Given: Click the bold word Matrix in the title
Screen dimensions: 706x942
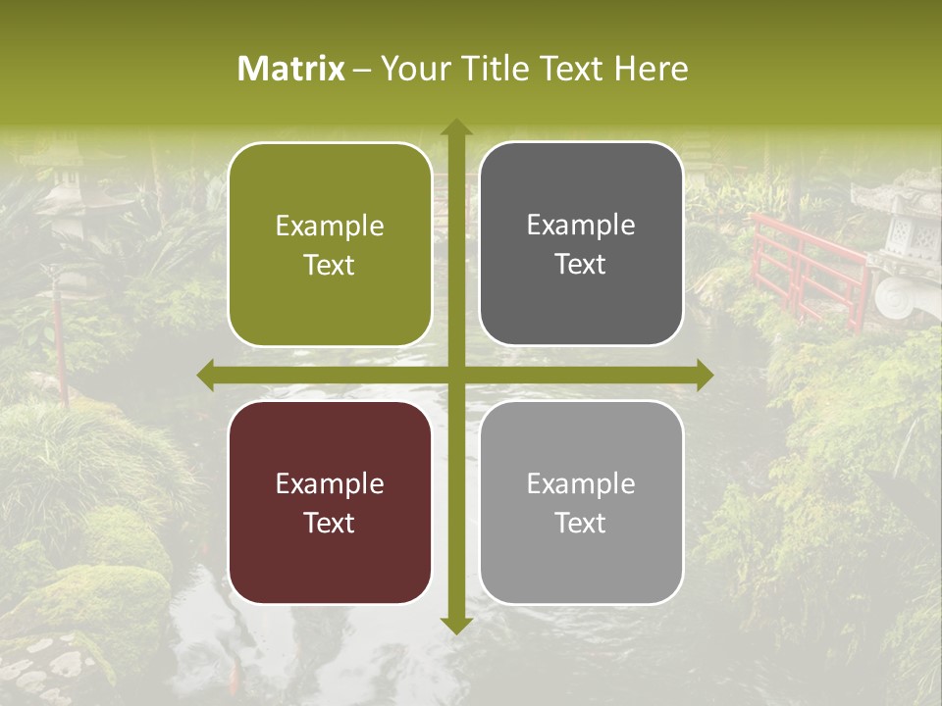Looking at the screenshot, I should click(291, 69).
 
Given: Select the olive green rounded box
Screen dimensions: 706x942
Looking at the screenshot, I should click(330, 244).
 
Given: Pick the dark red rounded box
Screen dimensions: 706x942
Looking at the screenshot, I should click(330, 502).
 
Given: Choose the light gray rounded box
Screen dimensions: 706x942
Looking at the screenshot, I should click(581, 502).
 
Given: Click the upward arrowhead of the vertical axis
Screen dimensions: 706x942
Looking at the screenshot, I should click(455, 127).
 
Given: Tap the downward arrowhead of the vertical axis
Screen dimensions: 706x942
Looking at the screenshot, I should click(455, 625).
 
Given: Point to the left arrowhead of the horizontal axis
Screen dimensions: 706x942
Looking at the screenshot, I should click(207, 375).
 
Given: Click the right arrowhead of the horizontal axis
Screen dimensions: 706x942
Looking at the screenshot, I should click(704, 375).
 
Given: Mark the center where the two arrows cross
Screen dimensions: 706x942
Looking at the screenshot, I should click(455, 375).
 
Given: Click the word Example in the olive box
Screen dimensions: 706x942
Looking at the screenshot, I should click(330, 227).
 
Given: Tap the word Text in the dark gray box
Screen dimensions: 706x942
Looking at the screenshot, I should click(581, 265).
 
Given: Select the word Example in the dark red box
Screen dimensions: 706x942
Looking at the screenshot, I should click(330, 484).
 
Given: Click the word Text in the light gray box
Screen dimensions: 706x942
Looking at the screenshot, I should click(581, 523).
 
